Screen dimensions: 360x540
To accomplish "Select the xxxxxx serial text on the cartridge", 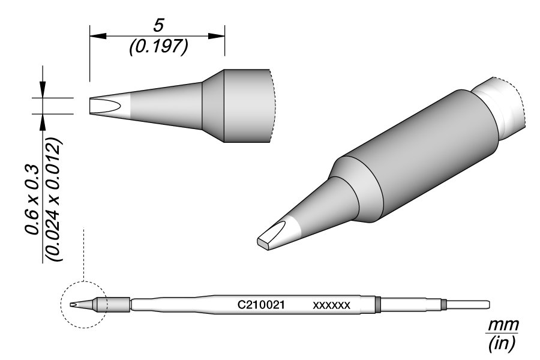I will [x=331, y=305].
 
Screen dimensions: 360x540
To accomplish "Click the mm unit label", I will [x=502, y=325].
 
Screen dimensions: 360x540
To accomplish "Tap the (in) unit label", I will [x=502, y=344].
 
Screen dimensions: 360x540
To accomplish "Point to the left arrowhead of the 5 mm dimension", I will [x=94, y=36].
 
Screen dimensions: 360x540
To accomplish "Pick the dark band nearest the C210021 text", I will [x=378, y=305].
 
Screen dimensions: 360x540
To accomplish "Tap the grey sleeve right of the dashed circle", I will [x=118, y=305].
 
